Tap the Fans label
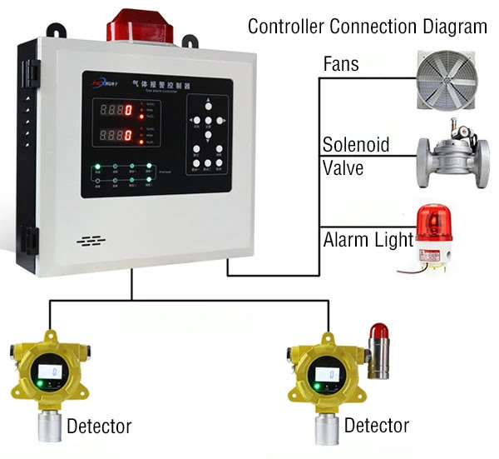(342, 66)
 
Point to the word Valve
(342, 164)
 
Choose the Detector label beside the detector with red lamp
(377, 426)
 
